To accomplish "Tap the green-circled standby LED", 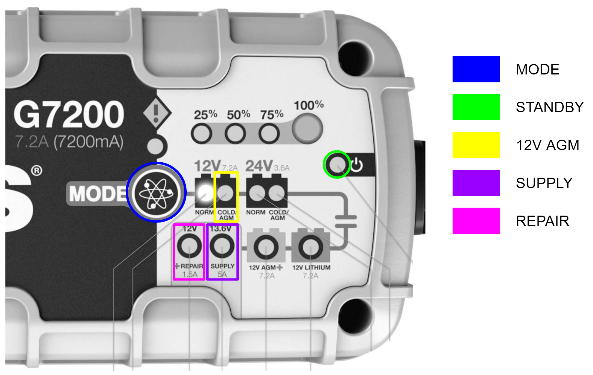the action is pos(337,164).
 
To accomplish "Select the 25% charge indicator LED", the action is pos(202,133).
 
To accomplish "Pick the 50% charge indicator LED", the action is pos(235,133).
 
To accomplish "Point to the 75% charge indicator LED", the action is pos(269,133).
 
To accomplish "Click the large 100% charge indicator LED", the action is pos(307,129).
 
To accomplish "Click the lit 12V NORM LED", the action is pos(205,192).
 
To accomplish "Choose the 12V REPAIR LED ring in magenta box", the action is pos(189,246).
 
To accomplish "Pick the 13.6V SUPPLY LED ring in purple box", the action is pos(222,246).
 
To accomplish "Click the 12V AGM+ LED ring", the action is pos(266,247).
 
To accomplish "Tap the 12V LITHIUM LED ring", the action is pos(311,247).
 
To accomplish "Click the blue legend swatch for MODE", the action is pos(476,69).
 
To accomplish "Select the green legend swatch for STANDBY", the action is pos(476,107).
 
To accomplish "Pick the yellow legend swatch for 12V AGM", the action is pos(476,145).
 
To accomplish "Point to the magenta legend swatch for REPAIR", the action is pos(476,221).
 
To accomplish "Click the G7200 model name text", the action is pos(69,114).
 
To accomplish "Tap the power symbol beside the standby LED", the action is pos(357,165).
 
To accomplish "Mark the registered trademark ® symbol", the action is pos(37,171).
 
